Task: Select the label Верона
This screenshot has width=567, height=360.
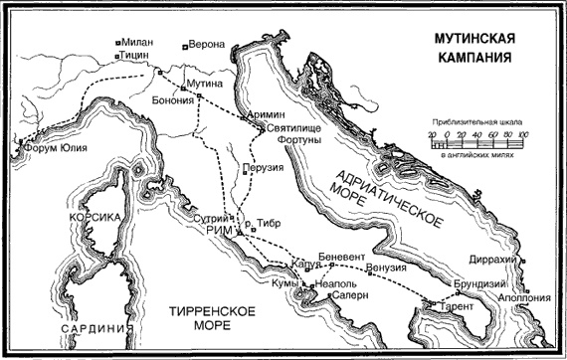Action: (209, 46)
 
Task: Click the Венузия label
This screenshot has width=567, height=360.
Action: (387, 268)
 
